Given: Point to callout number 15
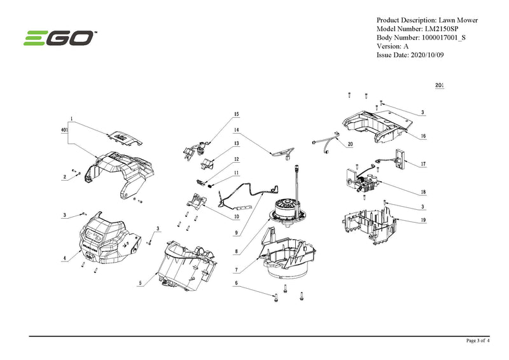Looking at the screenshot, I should click(x=236, y=114).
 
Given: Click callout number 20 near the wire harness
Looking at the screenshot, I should click(x=350, y=144).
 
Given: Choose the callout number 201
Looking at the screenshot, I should click(x=440, y=85).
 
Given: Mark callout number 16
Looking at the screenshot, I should click(x=423, y=136).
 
